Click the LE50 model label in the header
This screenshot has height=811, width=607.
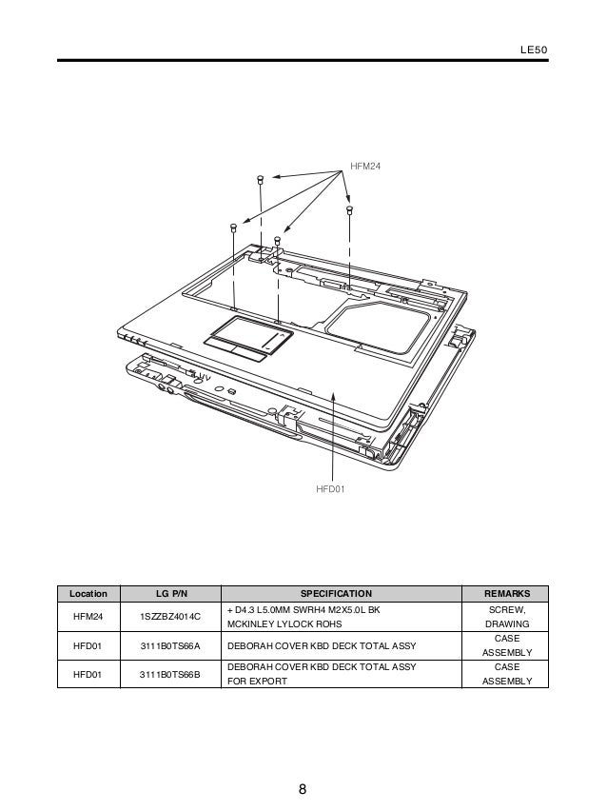[x=534, y=50]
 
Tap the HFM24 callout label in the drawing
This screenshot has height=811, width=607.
[x=365, y=166]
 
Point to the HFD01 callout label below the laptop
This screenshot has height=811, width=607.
[x=330, y=488]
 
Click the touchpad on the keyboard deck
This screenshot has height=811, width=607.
[x=248, y=338]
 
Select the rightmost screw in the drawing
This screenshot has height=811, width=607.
[x=349, y=209]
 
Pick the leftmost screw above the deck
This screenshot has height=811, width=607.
[x=233, y=227]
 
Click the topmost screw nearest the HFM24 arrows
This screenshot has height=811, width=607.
[x=261, y=179]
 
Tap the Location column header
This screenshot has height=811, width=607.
[x=88, y=594]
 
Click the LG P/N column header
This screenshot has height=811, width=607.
[x=171, y=594]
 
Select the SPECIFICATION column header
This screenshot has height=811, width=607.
[x=336, y=594]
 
